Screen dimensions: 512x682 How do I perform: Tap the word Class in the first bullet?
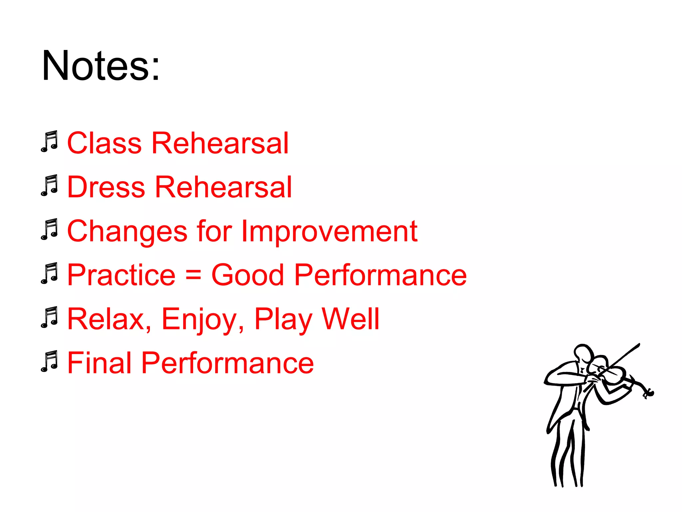pos(104,143)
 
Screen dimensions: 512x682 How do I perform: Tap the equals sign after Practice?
pos(193,276)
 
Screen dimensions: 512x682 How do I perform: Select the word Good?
pos(247,275)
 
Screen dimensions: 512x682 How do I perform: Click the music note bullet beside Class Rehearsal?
pos(50,142)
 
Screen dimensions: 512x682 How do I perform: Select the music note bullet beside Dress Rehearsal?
pos(50,186)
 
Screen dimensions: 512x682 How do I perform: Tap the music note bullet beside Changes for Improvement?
pos(50,230)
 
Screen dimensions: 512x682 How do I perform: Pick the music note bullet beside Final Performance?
pos(50,362)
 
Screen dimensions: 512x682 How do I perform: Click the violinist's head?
pos(583,354)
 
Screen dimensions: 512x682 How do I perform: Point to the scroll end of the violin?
pos(649,394)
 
